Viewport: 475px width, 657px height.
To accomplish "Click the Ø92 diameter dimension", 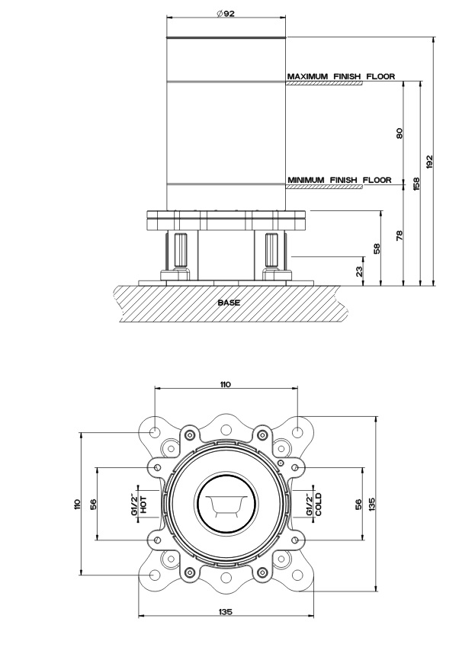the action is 226,14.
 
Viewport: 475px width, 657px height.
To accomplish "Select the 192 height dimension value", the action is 429,162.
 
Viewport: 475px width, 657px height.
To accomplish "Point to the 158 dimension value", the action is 416,184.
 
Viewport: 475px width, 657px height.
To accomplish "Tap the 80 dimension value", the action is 399,133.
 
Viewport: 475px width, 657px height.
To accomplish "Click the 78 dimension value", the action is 399,235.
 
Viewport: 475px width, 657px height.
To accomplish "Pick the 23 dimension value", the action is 359,271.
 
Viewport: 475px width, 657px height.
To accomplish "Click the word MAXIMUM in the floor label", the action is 307,77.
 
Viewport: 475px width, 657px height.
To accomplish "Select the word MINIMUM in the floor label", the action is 306,180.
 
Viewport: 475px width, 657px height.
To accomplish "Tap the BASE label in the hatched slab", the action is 229,303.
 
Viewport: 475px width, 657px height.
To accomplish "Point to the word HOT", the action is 143,504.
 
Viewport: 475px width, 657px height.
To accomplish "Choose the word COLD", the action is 319,504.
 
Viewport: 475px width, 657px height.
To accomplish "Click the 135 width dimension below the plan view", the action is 226,612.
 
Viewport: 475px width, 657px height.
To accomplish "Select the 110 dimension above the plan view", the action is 225,384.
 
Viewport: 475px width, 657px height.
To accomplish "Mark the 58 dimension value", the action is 377,248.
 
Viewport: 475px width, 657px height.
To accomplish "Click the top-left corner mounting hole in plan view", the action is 154,431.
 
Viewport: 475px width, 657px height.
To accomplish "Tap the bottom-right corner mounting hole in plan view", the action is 297,575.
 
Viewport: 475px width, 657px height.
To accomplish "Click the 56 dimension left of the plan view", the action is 94,504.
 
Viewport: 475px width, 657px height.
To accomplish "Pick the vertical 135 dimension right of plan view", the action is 372,504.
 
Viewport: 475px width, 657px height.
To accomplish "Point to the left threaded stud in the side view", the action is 178,251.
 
